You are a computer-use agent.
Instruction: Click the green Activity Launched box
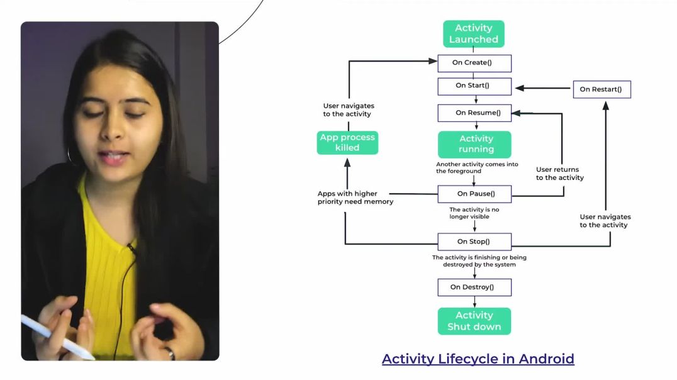point(473,34)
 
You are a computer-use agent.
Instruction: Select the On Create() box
point(474,63)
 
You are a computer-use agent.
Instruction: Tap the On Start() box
point(474,86)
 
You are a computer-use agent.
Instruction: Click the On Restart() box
point(601,89)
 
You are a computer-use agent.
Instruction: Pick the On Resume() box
point(474,113)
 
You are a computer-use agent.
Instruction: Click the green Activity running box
point(475,144)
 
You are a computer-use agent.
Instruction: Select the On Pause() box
point(474,194)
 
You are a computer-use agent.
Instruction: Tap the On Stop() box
point(474,242)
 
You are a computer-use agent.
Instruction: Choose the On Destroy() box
point(474,288)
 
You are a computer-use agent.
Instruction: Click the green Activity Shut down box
point(474,321)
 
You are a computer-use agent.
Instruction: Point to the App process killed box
point(347,142)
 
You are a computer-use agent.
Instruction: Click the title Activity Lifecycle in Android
point(478,359)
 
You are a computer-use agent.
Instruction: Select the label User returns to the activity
point(559,174)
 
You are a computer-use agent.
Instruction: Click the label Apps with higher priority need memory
point(355,198)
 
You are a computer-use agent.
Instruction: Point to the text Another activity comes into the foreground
point(477,167)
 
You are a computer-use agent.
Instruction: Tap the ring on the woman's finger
point(171,353)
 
